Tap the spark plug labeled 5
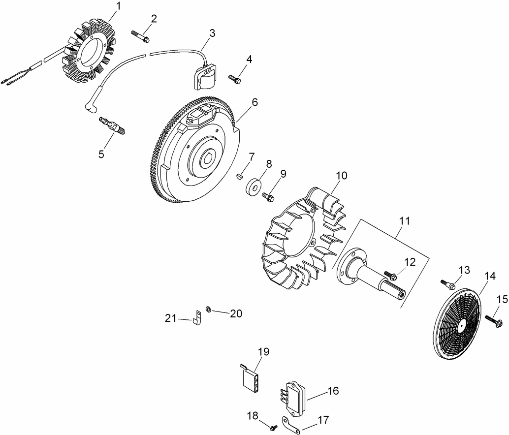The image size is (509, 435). tap(112, 124)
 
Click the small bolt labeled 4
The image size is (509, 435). tap(235, 78)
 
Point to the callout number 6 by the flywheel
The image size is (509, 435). tap(254, 102)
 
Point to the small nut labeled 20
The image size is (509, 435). tap(209, 309)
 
